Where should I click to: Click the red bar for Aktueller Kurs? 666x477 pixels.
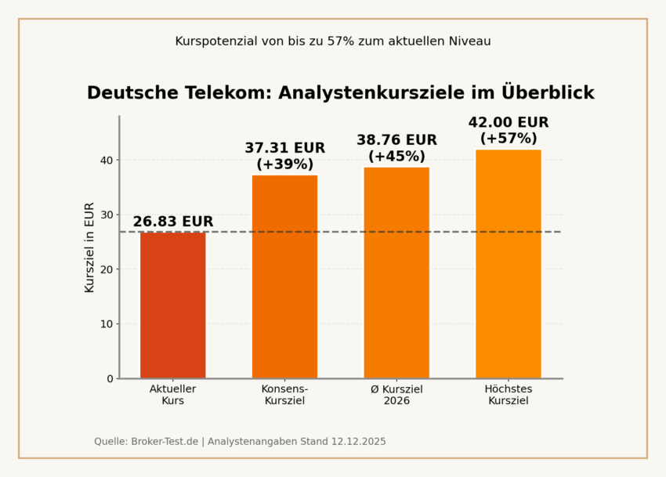[172, 305]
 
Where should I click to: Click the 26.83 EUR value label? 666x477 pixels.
[172, 222]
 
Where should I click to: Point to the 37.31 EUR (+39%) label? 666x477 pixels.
[284, 156]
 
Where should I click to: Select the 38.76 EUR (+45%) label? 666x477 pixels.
[396, 148]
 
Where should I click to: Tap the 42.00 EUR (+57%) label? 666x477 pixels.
[508, 130]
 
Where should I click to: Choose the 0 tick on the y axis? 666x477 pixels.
[109, 378]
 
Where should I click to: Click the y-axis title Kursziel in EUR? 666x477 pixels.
[89, 248]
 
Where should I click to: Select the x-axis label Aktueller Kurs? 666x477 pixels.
[172, 395]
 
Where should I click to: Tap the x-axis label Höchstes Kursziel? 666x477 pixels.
[508, 395]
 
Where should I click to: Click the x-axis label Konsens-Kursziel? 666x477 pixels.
[284, 395]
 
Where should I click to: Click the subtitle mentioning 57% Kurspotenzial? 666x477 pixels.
[333, 41]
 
